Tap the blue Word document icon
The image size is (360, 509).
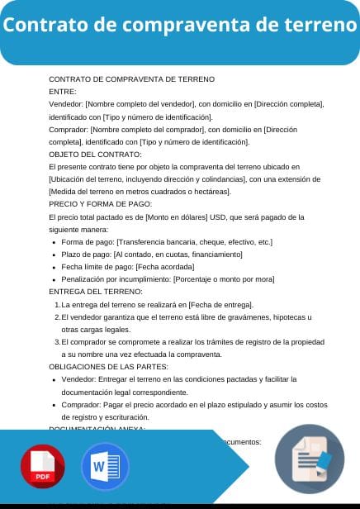tap(105, 467)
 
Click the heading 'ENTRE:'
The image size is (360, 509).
tap(63, 92)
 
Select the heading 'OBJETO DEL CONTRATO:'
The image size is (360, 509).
tap(95, 155)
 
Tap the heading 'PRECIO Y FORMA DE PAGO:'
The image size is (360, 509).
tap(100, 203)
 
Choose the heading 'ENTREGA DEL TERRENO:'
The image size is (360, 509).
tap(96, 292)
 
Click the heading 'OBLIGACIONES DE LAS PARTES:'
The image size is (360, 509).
tap(108, 366)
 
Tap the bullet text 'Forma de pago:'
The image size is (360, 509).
tap(88, 242)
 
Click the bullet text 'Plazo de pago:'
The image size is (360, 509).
tap(87, 254)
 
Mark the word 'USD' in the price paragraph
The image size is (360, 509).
tap(217, 216)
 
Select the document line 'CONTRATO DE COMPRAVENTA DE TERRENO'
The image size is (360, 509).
tap(131, 79)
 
